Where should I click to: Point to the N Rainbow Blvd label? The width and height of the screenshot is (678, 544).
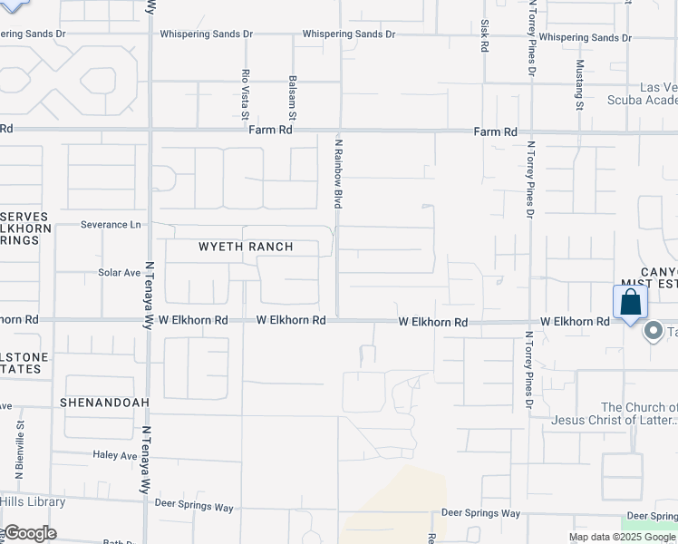click(x=337, y=173)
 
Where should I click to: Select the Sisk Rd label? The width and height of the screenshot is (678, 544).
click(x=485, y=35)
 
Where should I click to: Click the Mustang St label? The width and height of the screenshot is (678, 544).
click(x=580, y=86)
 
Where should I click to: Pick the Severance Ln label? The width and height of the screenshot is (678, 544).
click(x=111, y=224)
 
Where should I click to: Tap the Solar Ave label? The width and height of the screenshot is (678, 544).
click(x=120, y=272)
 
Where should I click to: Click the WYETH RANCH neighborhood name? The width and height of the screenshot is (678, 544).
click(x=246, y=247)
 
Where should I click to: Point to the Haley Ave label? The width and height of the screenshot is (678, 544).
click(x=113, y=454)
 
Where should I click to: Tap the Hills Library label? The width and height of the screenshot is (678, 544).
click(x=33, y=502)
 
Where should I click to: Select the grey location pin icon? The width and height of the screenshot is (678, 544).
click(x=652, y=333)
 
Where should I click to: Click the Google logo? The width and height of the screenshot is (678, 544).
click(x=29, y=533)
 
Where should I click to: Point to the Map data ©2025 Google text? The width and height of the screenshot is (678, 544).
click(x=622, y=538)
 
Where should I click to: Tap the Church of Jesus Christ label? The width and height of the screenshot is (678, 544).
click(x=639, y=413)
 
